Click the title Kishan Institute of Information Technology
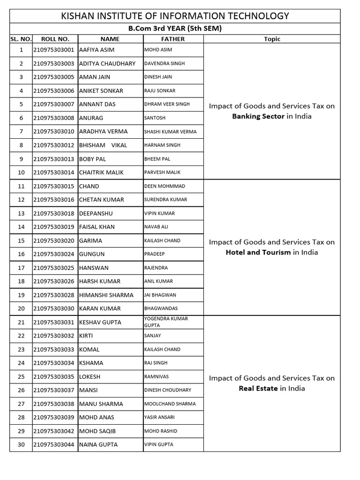point(175,16)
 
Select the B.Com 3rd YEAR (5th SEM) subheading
point(175,29)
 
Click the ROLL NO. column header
point(55,39)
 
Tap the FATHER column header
point(173,39)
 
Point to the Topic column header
point(272,39)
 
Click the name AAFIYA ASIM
point(97,50)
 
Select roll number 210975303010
point(54,131)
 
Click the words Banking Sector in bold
point(258,116)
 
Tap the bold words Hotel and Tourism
point(258,252)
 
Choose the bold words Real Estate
point(258,388)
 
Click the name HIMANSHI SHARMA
point(106,295)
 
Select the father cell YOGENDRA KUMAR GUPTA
point(166,322)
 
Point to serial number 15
point(21,240)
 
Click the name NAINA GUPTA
point(98,444)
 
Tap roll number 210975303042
point(54,431)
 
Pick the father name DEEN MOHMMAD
point(165,186)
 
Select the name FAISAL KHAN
point(97,227)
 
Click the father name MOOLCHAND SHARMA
point(170,404)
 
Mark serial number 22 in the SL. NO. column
point(21,336)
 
